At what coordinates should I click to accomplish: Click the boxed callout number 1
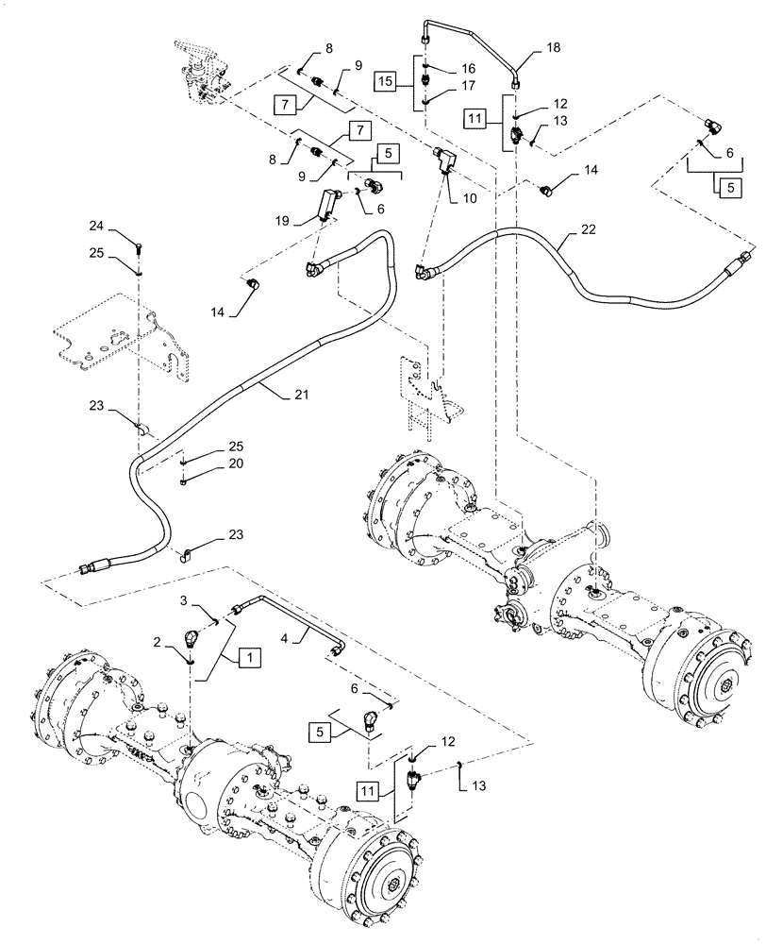[x=249, y=654]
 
